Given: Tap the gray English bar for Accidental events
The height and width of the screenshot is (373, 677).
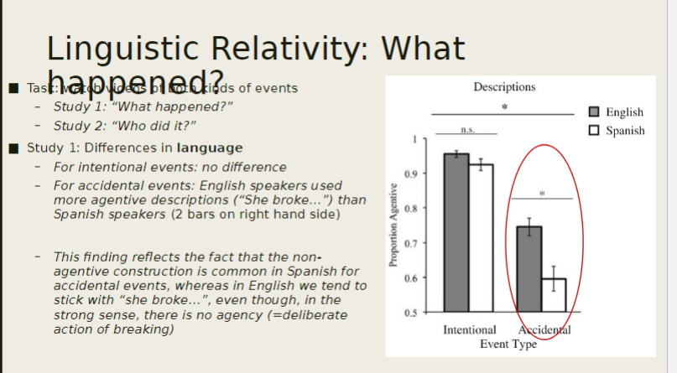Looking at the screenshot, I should pyautogui.click(x=529, y=268).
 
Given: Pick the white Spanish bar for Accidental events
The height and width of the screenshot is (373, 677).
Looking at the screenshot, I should pyautogui.click(x=554, y=294).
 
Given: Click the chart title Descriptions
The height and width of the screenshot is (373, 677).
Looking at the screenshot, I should pyautogui.click(x=503, y=87).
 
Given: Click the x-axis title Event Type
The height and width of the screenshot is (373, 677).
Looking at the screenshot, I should pyautogui.click(x=508, y=344).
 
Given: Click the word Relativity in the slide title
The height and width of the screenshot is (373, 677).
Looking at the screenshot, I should pyautogui.click(x=284, y=48).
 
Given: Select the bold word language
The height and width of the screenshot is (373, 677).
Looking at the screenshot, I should pyautogui.click(x=210, y=148).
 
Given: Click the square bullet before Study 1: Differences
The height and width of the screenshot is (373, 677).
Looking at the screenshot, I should pyautogui.click(x=13, y=149).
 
